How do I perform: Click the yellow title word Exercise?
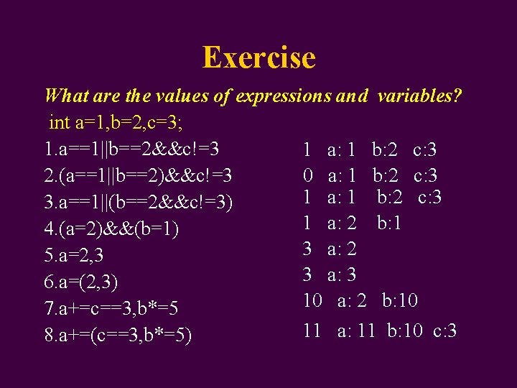tap(258, 57)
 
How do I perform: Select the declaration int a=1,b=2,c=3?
tap(115, 123)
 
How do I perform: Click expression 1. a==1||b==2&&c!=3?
tap(131, 149)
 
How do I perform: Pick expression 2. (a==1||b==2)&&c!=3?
tap(137, 176)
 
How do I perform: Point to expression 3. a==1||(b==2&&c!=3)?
tap(139, 203)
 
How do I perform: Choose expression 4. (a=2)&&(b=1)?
tap(111, 229)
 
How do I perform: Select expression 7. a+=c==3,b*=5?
tap(111, 308)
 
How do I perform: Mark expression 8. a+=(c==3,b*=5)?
tap(118, 335)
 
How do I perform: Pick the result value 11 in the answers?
tap(312, 331)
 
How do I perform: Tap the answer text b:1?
tap(388, 223)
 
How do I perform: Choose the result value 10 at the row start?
tap(312, 300)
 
